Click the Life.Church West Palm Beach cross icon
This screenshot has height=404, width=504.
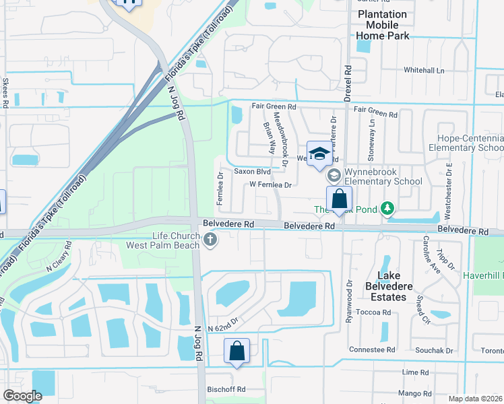(211, 240)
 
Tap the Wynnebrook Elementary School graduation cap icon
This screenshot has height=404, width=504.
(334, 175)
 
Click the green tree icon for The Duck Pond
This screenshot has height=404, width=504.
(387, 209)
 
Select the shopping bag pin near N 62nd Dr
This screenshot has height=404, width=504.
(237, 351)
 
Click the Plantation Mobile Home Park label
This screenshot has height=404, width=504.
(382, 24)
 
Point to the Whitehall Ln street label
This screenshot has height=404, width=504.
(424, 70)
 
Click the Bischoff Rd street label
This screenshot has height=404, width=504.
(226, 389)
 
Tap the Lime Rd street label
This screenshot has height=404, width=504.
(415, 372)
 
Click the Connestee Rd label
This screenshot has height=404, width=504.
(372, 349)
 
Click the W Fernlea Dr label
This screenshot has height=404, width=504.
(270, 184)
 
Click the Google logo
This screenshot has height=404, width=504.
(22, 395)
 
